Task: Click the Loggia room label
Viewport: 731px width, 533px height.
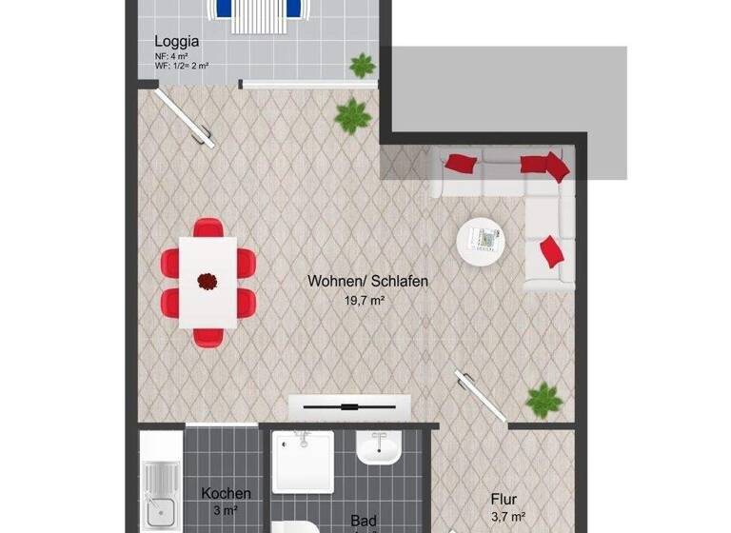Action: tap(176, 41)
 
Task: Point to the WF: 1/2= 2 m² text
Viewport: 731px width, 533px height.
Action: tap(182, 67)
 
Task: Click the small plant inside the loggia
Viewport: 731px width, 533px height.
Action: tap(362, 66)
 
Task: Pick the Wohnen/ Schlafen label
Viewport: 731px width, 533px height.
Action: tap(367, 282)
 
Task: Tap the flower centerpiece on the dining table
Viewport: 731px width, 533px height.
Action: tap(207, 281)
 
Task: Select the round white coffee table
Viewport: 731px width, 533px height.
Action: tap(485, 242)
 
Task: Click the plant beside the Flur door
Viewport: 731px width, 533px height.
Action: tap(544, 400)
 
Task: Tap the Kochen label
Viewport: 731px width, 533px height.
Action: tap(227, 493)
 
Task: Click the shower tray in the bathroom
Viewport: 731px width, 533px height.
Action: tap(303, 462)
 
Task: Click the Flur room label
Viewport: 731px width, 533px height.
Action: tap(504, 498)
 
